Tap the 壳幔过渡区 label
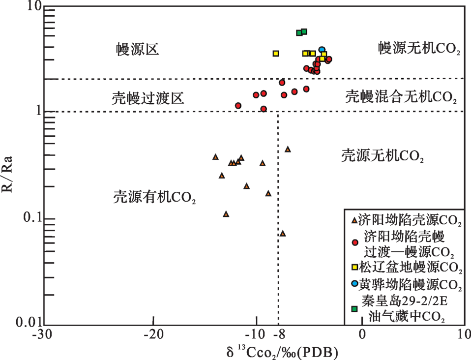(148, 98)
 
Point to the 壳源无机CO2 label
(383, 156)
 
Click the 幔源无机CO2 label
(419, 48)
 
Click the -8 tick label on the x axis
(279, 334)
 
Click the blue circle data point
(322, 50)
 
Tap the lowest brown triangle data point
(283, 233)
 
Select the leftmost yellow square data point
(276, 53)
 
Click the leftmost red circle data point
(238, 106)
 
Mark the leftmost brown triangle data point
(215, 157)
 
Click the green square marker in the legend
(354, 308)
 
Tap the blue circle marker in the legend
(354, 284)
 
